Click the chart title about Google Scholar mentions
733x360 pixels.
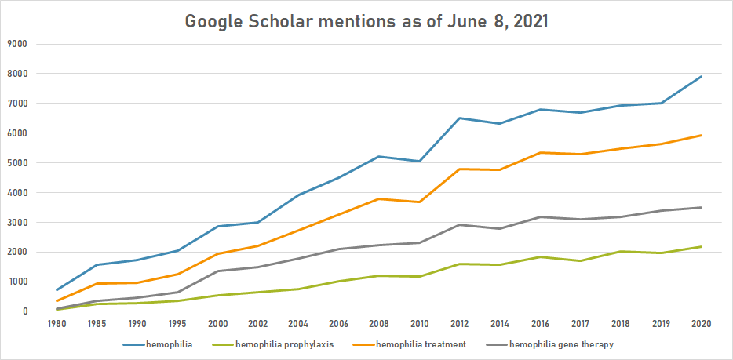tap(366, 21)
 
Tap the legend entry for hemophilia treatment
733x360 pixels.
tap(421, 344)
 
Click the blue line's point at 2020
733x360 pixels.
tap(700, 77)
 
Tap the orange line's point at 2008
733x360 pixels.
tap(378, 198)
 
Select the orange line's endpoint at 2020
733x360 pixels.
tap(700, 136)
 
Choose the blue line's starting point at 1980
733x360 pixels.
tap(57, 290)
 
